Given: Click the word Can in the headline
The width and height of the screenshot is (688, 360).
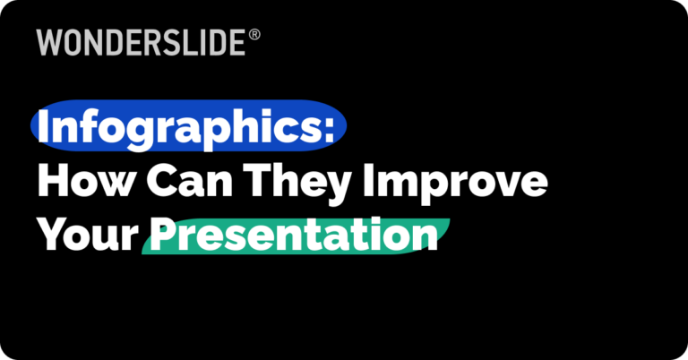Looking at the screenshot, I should click(x=188, y=182).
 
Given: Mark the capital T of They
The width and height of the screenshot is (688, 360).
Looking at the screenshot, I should click(x=265, y=182).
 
